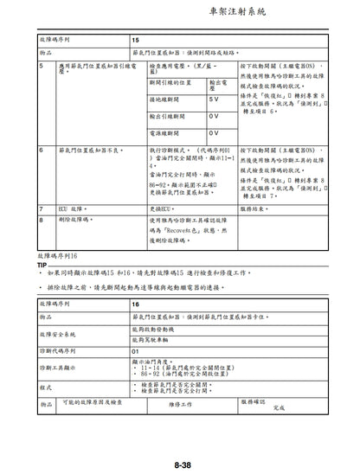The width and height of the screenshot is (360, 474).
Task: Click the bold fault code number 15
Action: [x=136, y=41]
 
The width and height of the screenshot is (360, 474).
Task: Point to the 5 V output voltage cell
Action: [x=214, y=100]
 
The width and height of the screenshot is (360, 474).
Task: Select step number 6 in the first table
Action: [x=42, y=149]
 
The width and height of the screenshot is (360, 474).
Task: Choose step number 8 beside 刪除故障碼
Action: [x=42, y=220]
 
